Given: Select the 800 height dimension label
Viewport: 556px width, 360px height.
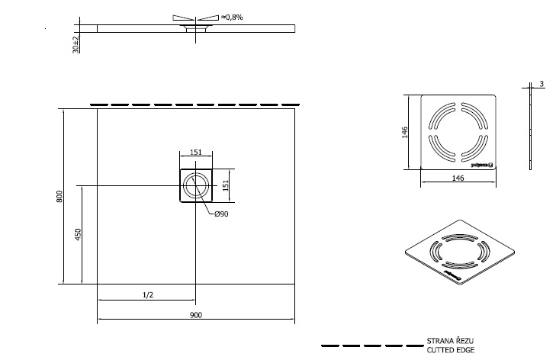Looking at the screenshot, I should coord(59,196).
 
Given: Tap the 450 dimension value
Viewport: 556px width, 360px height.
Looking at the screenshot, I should coord(78,234).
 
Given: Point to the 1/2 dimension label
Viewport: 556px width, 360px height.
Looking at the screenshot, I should coord(146,295).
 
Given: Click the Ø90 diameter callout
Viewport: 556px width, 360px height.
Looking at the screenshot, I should coord(220,214).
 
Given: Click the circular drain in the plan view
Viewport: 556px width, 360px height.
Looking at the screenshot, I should coord(195,186).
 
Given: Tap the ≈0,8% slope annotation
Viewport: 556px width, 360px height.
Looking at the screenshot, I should coord(230,17).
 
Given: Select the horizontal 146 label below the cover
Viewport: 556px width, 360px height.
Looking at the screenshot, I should coord(459,178).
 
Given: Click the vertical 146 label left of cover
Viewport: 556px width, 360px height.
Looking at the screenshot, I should coord(406,132).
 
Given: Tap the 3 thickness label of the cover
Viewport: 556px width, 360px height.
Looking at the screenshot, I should coord(540,85).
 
